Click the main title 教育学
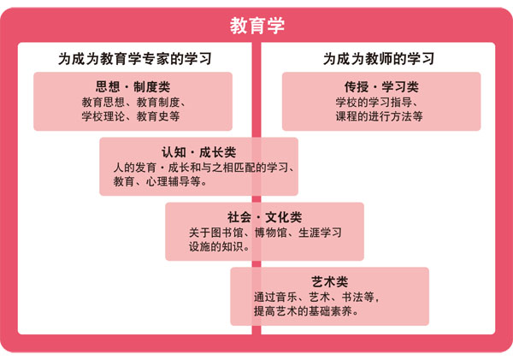click(257, 26)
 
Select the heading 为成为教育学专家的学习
click(135, 59)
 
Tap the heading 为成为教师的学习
click(379, 59)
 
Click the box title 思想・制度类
click(133, 86)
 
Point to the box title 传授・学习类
click(381, 86)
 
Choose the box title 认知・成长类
click(198, 152)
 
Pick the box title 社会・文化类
click(264, 217)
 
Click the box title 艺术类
click(329, 282)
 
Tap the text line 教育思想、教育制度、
click(134, 103)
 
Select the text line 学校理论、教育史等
click(131, 116)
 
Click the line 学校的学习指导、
click(377, 103)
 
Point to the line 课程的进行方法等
click(379, 116)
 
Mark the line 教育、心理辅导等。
click(161, 181)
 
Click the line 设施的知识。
click(219, 246)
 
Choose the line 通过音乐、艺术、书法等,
click(316, 298)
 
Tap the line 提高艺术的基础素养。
click(306, 311)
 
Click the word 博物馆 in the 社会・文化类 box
click(271, 233)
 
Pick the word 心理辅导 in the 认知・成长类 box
click(168, 181)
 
